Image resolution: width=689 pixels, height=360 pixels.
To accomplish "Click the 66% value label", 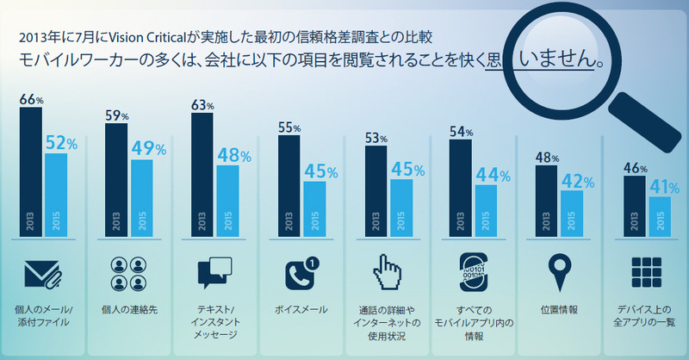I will click(x=31, y=100).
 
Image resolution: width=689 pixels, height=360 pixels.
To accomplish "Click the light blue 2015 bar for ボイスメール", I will click(x=314, y=207).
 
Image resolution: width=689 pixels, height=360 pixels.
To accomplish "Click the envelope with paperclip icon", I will click(x=42, y=275).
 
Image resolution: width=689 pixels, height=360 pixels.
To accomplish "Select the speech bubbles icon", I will click(x=214, y=275).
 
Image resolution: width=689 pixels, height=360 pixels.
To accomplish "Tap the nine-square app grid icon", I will click(x=645, y=275).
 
